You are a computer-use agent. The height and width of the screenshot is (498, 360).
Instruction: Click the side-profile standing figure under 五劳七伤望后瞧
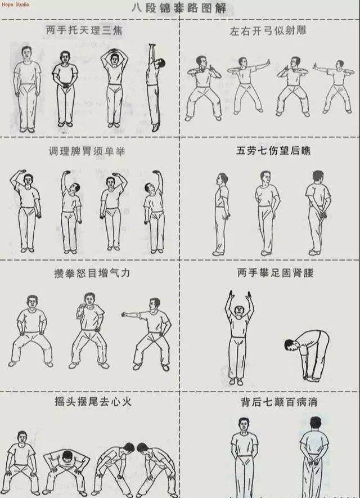pos(221,214)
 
